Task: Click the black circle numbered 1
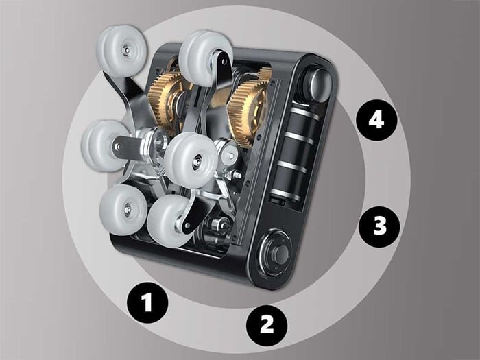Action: tap(147, 302)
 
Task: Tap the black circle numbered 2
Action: tap(267, 325)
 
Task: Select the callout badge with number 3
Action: tap(379, 226)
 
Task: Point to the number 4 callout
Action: tap(376, 120)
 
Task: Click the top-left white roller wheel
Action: tap(123, 51)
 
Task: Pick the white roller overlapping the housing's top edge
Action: tap(204, 58)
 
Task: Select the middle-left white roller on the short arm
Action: tap(104, 145)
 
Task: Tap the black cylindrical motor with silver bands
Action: tap(293, 153)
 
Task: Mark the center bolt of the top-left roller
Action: tap(126, 49)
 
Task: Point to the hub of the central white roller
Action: tap(197, 161)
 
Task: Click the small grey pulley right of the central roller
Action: tap(229, 154)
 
